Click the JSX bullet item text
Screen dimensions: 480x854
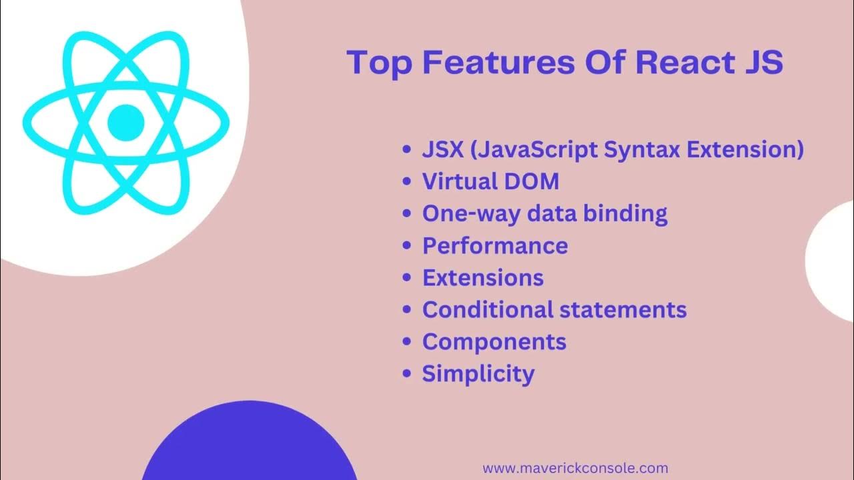tap(612, 149)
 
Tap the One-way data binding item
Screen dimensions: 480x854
tap(544, 213)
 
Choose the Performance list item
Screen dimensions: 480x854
tap(495, 245)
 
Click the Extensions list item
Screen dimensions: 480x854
tap(483, 277)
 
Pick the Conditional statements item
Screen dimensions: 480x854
tap(554, 309)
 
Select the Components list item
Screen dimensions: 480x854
tap(494, 341)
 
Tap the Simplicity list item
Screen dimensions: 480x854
tap(478, 373)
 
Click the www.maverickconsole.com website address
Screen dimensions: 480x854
tap(575, 469)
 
